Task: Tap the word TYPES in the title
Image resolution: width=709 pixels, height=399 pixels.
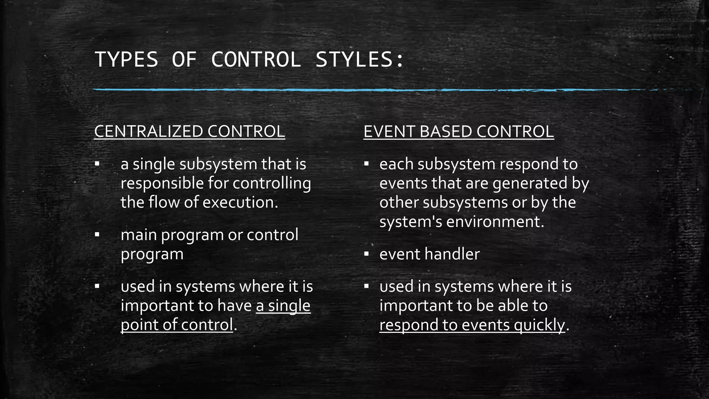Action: (x=126, y=59)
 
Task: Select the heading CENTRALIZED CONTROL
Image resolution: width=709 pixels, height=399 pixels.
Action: (x=189, y=132)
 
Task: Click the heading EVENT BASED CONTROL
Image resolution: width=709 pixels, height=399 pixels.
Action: (x=458, y=132)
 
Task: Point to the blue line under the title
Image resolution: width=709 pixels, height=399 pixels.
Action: (x=346, y=90)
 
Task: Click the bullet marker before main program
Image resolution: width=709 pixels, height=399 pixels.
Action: (x=97, y=235)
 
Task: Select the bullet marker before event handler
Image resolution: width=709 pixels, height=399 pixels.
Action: (x=366, y=254)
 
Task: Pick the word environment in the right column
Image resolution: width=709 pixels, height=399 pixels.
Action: (x=495, y=222)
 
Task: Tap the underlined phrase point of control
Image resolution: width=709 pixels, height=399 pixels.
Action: (x=177, y=325)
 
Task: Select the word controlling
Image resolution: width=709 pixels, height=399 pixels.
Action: (x=271, y=184)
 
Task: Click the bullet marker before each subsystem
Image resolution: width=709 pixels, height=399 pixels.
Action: (x=366, y=163)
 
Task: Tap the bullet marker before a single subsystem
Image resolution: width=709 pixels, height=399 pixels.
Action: (x=97, y=163)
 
